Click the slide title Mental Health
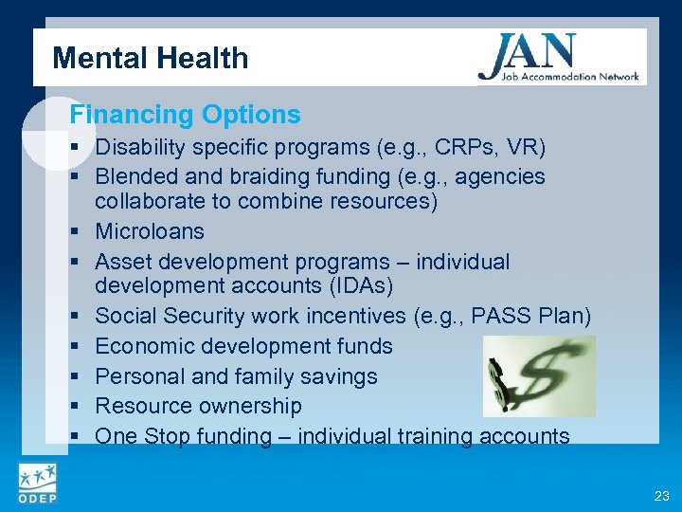click(x=150, y=59)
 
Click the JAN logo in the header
click(x=559, y=58)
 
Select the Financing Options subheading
click(x=185, y=116)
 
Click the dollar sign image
click(x=539, y=376)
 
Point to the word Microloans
click(x=150, y=231)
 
